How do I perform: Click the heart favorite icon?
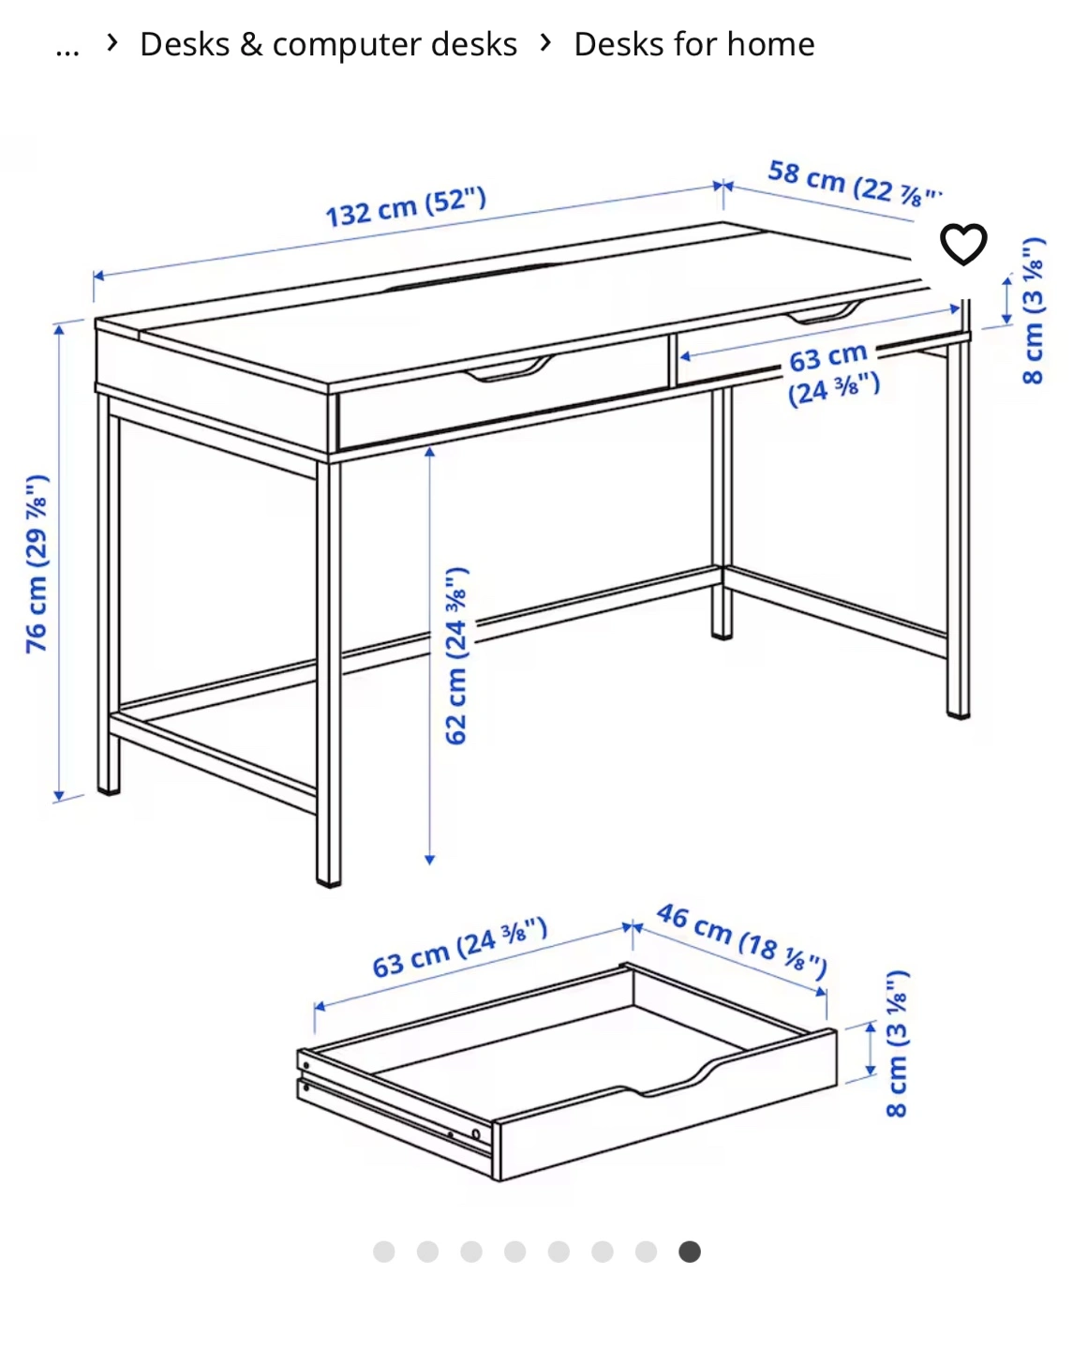(x=963, y=244)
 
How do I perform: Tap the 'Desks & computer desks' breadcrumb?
(x=328, y=44)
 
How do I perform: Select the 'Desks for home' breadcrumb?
(x=694, y=44)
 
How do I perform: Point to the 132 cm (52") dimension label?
(x=406, y=207)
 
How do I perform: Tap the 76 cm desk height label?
(x=37, y=564)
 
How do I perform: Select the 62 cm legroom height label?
(x=456, y=656)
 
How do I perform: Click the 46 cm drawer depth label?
(x=742, y=941)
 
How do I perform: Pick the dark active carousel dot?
(x=689, y=1252)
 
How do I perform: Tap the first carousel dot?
(x=384, y=1252)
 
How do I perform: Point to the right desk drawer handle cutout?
(x=824, y=312)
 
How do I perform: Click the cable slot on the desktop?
(x=470, y=276)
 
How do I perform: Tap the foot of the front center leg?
(x=329, y=883)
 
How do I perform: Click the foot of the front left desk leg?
(x=109, y=791)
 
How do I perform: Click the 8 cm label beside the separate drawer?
(x=897, y=1043)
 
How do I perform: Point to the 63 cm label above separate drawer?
(x=460, y=947)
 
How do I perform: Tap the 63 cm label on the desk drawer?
(x=833, y=374)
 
